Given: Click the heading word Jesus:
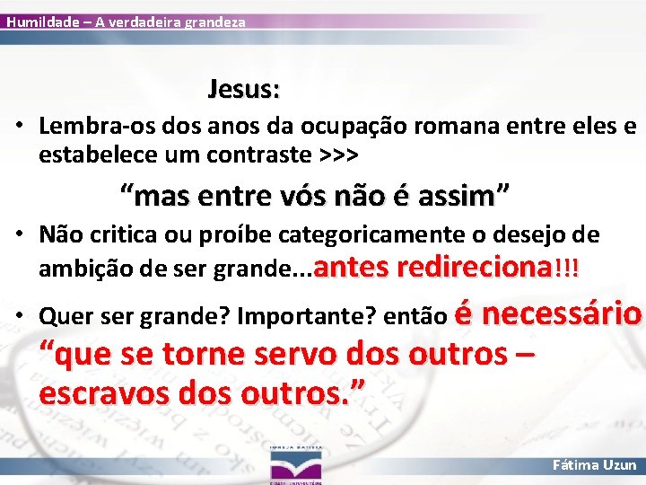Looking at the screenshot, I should coord(244,90).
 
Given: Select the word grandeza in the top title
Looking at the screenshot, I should coord(214,21).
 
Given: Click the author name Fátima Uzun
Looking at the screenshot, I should coord(596,465).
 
